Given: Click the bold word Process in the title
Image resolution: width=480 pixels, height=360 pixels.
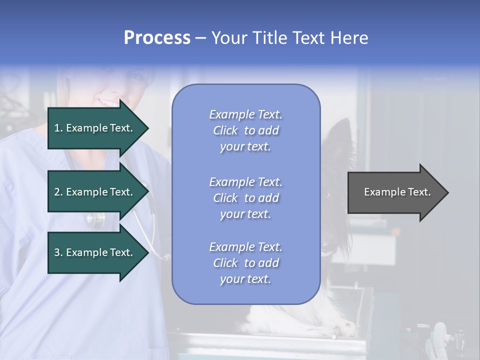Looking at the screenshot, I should [x=157, y=38].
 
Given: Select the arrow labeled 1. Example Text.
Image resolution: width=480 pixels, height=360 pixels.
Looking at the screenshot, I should [x=95, y=128].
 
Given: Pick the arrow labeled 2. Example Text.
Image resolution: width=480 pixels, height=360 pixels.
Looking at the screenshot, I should [x=95, y=192].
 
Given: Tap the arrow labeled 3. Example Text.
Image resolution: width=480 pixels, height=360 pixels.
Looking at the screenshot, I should [x=95, y=252].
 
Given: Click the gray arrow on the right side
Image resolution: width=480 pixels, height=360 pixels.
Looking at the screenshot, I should [x=395, y=192].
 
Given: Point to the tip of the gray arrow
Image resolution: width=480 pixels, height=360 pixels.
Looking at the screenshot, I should [x=447, y=192].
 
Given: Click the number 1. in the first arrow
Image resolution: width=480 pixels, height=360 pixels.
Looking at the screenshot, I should [x=58, y=128].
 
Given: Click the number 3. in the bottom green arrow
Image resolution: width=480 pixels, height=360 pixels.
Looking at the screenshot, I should [x=58, y=252].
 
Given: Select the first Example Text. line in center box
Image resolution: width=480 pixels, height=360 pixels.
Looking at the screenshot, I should [x=245, y=114].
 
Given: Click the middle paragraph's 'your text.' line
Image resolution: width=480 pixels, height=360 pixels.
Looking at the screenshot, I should [x=245, y=214].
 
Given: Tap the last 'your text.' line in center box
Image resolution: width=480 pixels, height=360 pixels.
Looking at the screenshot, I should [x=245, y=279].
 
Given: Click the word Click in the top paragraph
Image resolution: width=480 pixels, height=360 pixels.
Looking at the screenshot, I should [x=225, y=130].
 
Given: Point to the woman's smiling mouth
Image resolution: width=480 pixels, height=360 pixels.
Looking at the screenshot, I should [x=108, y=102].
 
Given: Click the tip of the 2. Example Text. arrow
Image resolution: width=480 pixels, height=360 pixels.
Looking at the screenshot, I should [x=148, y=192].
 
